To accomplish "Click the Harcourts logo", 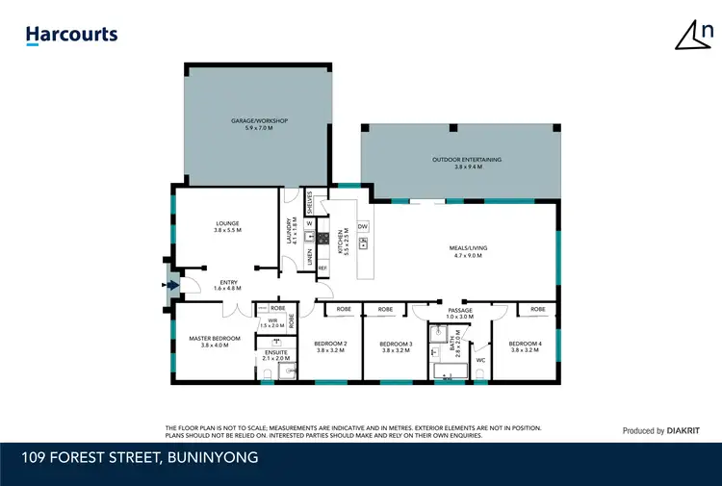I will click(71, 36).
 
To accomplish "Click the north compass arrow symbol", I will click(692, 36).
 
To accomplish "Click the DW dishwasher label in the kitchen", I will click(362, 226).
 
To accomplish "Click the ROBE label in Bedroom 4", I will click(537, 310).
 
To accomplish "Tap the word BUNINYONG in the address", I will click(212, 458).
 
